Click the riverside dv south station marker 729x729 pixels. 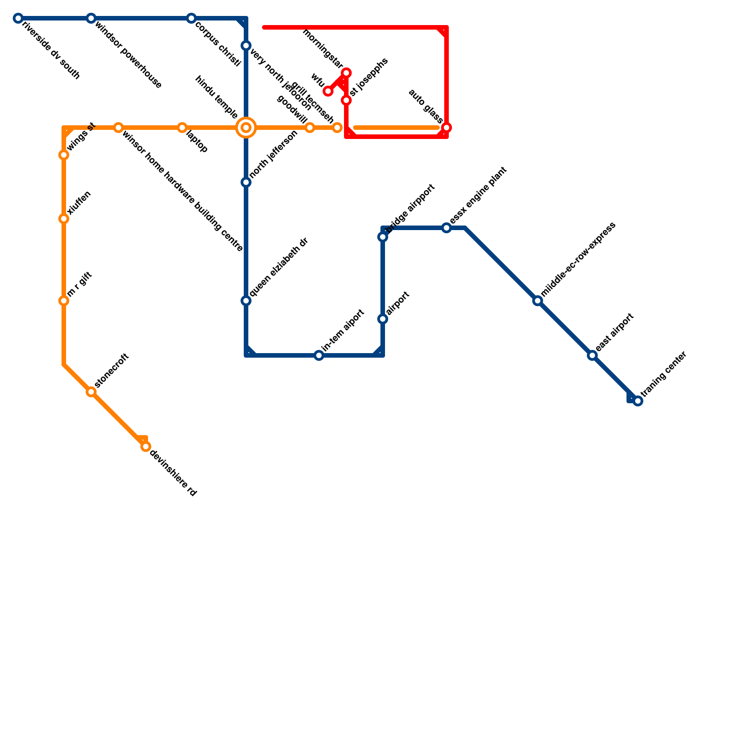18,18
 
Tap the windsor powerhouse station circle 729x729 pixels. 91,18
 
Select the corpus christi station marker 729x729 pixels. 191,18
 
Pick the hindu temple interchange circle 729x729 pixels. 246,128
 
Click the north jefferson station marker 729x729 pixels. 246,182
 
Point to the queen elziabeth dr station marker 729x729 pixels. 246,301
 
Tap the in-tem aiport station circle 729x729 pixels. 319,355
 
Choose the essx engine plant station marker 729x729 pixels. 447,228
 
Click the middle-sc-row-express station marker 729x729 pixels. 538,301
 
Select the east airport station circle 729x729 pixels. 592,355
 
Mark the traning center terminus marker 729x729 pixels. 638,401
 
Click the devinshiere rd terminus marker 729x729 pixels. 146,447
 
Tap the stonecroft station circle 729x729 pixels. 91,392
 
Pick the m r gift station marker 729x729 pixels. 64,301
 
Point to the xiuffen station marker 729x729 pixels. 64,219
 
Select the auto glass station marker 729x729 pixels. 447,128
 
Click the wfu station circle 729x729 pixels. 328,91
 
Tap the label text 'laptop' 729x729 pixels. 197,143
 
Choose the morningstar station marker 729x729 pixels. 346,73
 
